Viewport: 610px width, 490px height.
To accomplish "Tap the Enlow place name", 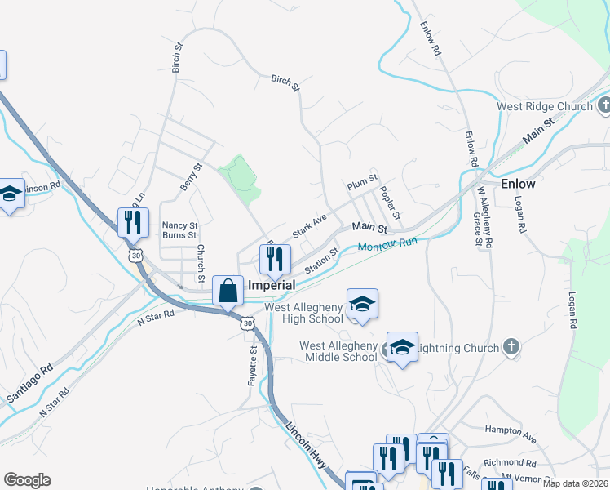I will pyautogui.click(x=518, y=184).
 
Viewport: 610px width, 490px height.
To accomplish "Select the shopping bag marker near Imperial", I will pyautogui.click(x=228, y=291).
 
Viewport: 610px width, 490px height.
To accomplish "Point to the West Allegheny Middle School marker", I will pyautogui.click(x=401, y=347).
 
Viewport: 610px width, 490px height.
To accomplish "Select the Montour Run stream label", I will pyautogui.click(x=387, y=243).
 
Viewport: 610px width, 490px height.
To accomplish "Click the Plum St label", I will pyautogui.click(x=362, y=182).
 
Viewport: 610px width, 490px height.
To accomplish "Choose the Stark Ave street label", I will pyautogui.click(x=309, y=225).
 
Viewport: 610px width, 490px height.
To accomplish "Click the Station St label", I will pyautogui.click(x=320, y=262).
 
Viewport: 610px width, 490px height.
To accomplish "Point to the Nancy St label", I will pyautogui.click(x=179, y=225).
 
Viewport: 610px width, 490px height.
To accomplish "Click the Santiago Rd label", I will pyautogui.click(x=29, y=383).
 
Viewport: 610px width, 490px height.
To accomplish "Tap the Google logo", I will pyautogui.click(x=27, y=480).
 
